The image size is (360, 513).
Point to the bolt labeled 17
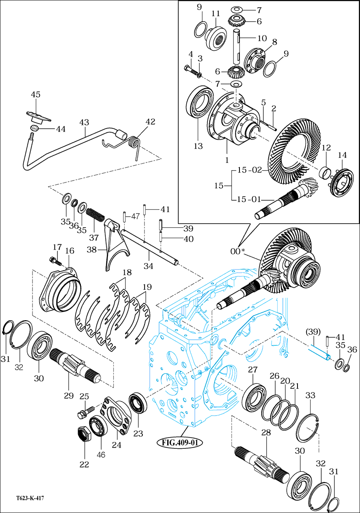[56, 261]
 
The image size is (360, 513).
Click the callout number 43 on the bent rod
[84, 122]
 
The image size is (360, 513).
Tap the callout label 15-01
[249, 199]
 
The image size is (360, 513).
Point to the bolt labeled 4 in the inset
[191, 70]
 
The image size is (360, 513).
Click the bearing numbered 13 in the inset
[199, 102]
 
